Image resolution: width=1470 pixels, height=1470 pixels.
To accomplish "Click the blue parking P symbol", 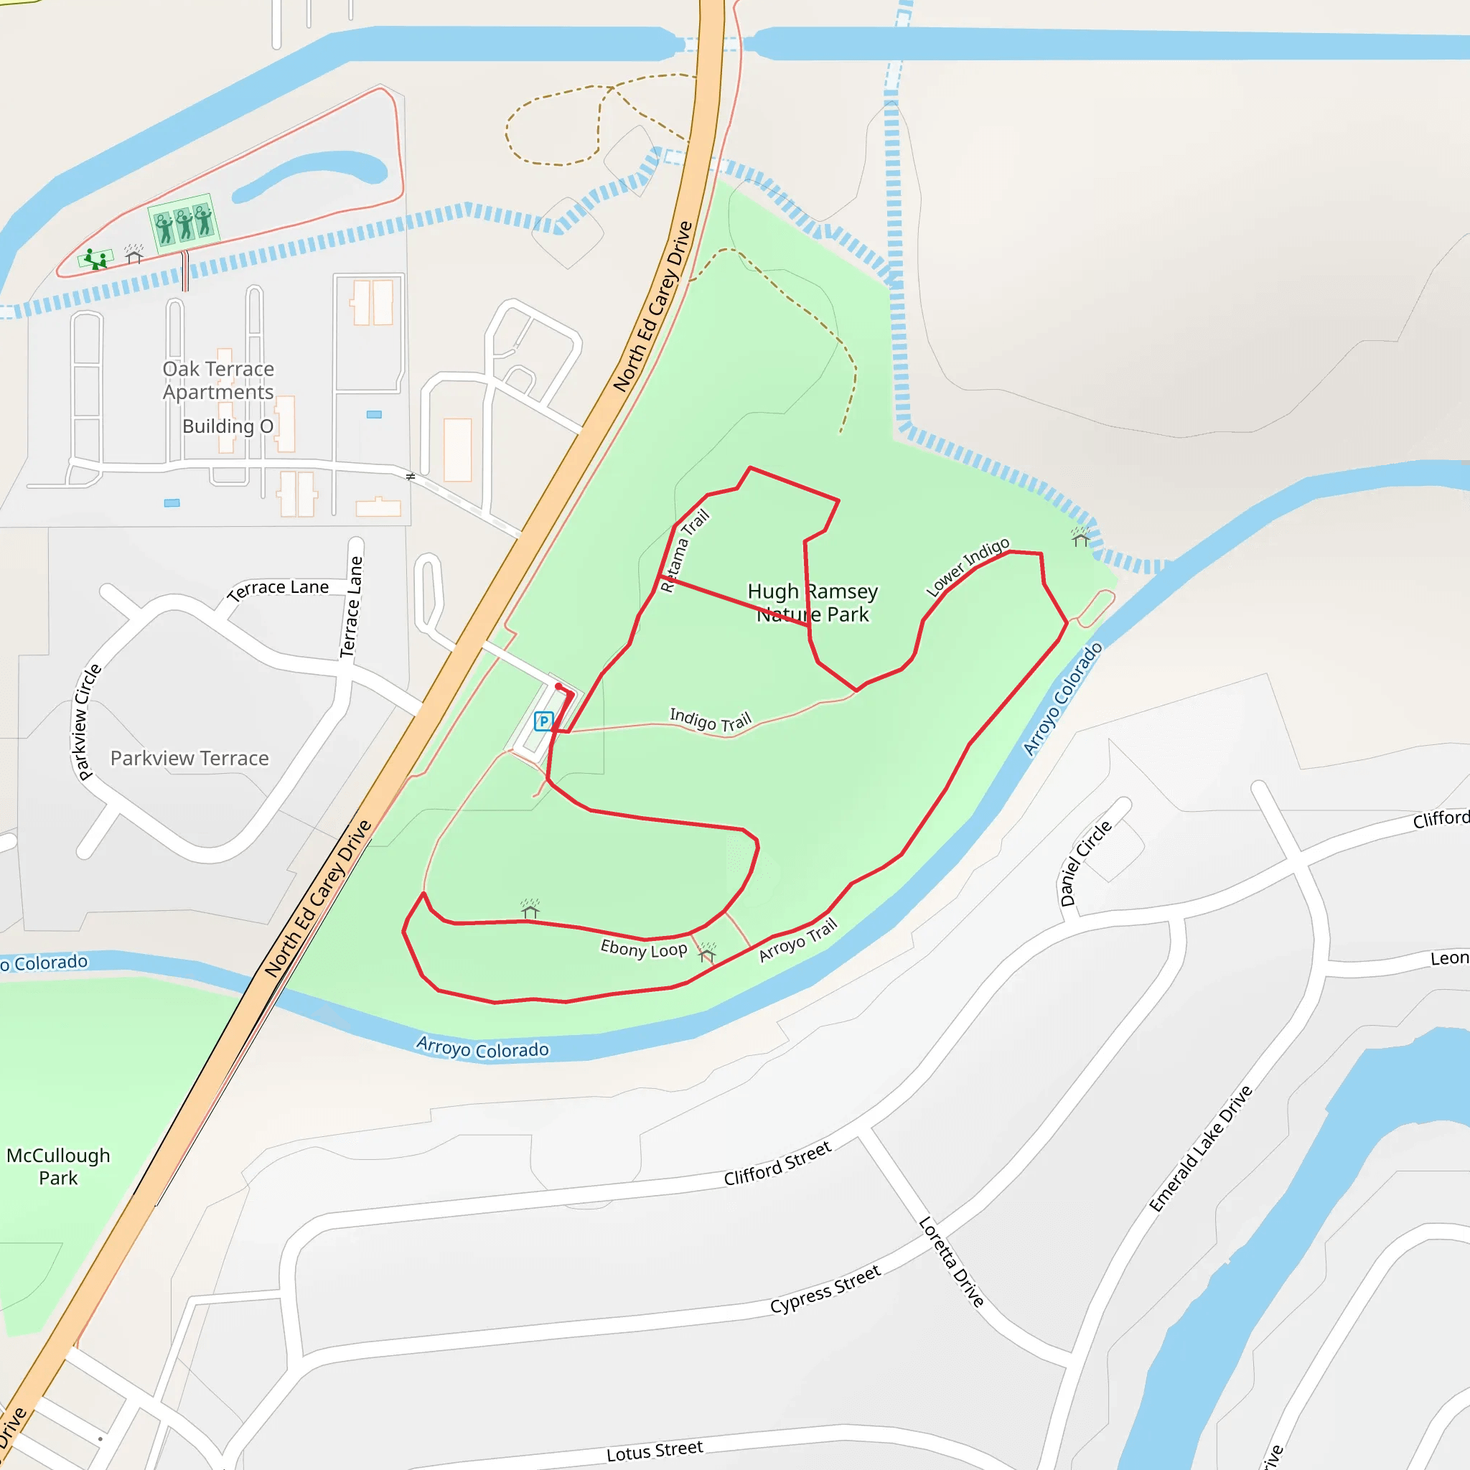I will (543, 721).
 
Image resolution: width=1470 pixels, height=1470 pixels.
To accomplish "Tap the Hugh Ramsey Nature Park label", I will (813, 603).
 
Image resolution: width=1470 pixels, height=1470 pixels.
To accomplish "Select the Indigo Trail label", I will (710, 719).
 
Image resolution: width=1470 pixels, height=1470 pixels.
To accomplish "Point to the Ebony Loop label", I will (644, 949).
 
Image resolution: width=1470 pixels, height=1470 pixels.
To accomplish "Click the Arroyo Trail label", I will (798, 940).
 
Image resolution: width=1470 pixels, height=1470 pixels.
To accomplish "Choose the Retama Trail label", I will (684, 550).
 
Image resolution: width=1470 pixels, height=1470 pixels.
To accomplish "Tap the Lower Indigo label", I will (968, 567).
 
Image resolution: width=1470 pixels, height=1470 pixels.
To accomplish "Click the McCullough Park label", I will (59, 1166).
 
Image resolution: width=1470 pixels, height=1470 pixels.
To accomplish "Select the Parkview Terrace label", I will (189, 759).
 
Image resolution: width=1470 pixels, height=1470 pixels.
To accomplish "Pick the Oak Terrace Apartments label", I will (218, 380).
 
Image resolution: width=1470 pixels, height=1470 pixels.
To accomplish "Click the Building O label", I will (228, 426).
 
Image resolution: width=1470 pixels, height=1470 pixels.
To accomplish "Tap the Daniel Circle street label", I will (1086, 863).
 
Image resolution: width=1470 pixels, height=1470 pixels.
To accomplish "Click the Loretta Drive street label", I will (951, 1262).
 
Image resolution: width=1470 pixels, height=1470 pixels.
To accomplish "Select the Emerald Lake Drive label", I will (1200, 1149).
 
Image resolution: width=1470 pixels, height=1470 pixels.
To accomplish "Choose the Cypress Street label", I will (825, 1289).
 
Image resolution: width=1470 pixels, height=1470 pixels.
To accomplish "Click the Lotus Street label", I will (655, 1451).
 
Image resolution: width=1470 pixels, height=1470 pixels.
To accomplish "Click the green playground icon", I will (96, 259).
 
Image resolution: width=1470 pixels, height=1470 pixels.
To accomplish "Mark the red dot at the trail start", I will (558, 686).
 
